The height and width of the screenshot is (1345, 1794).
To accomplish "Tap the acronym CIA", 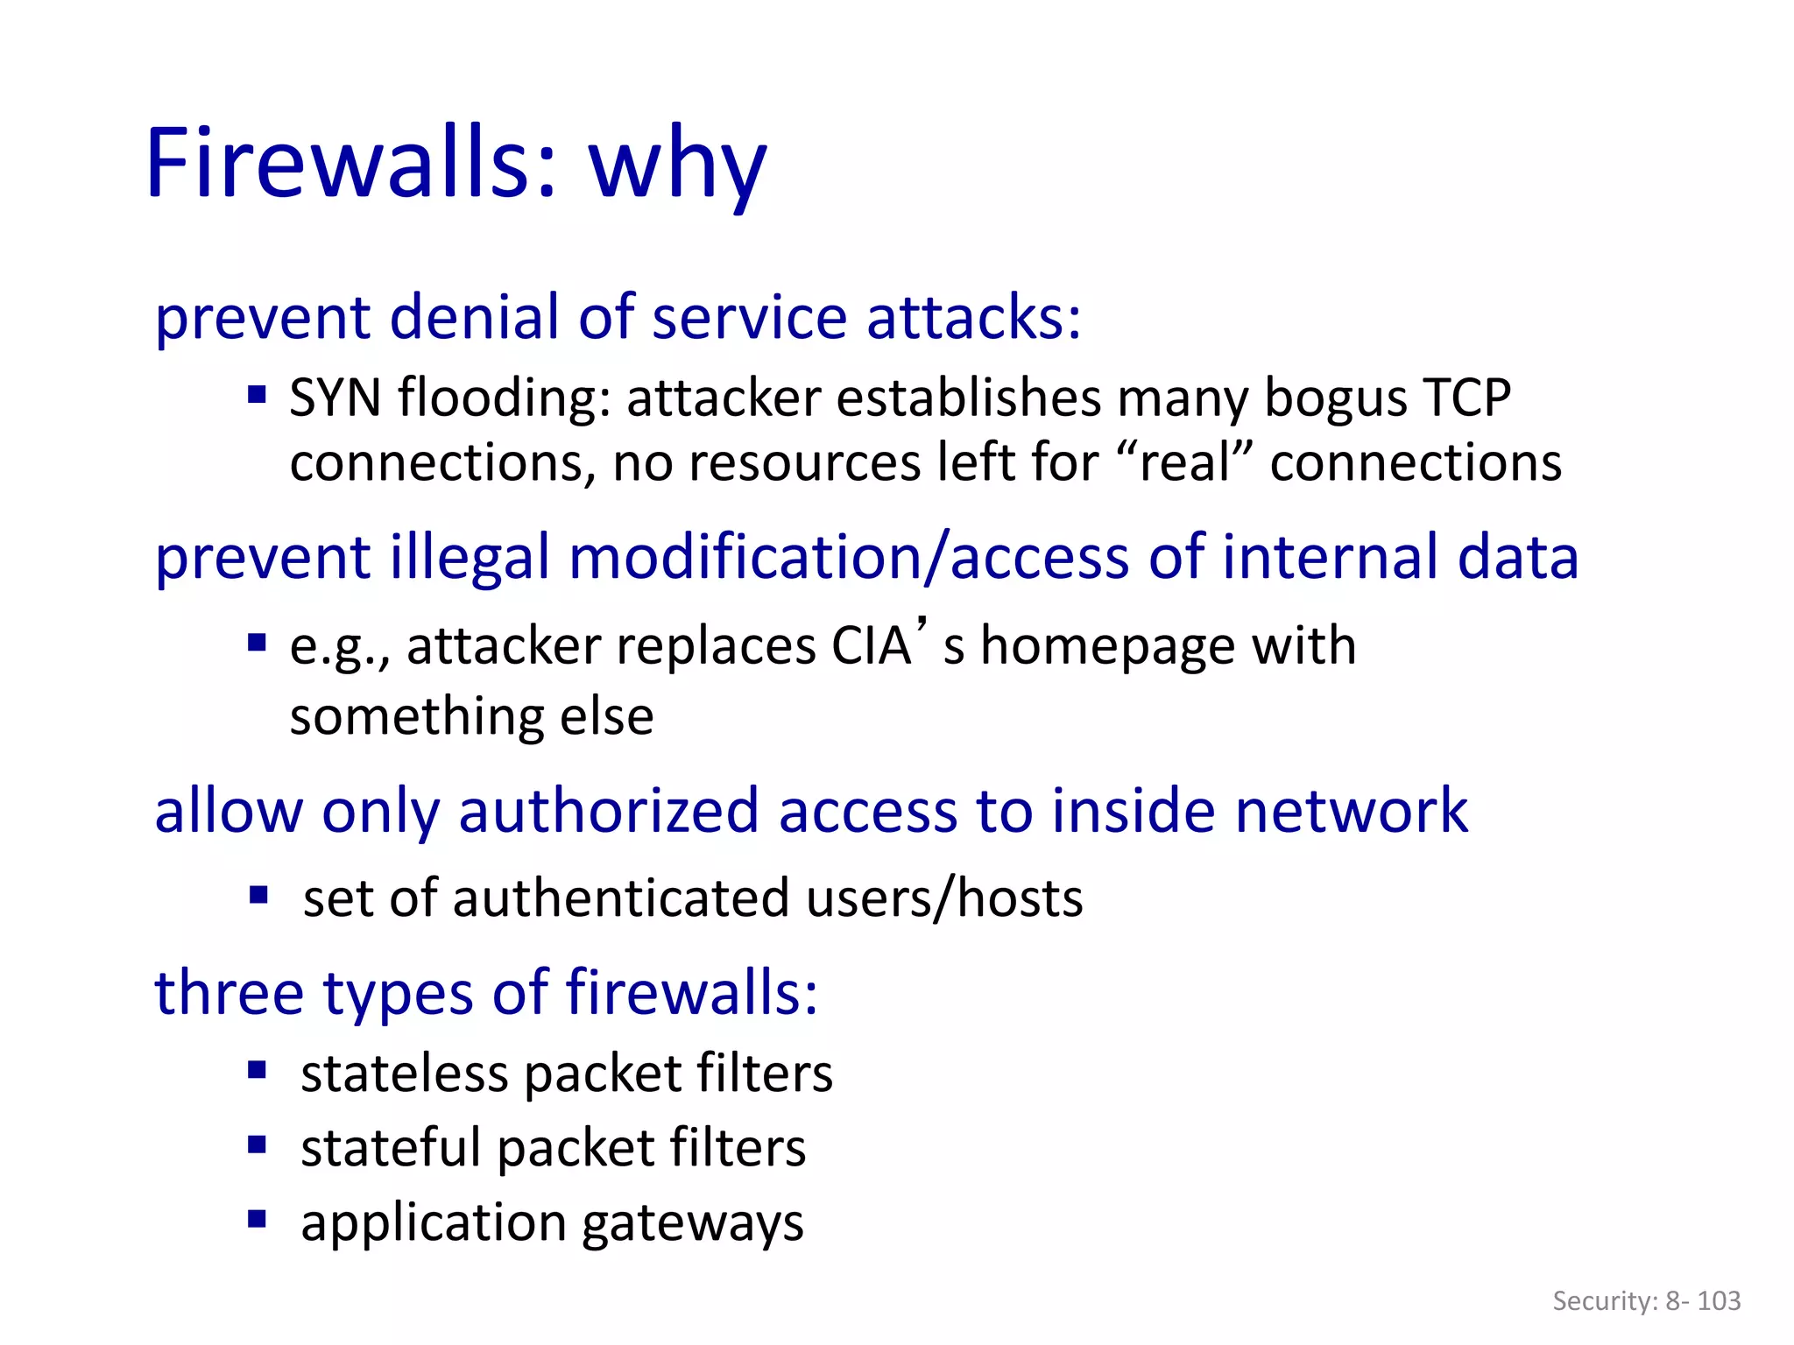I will tap(871, 646).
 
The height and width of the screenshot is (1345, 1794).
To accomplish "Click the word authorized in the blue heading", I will tap(608, 811).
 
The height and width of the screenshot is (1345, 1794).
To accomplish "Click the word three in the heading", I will tap(230, 993).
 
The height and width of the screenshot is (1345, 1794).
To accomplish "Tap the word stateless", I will tap(404, 1074).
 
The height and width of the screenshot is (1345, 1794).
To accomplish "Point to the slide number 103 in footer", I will tap(1719, 1301).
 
